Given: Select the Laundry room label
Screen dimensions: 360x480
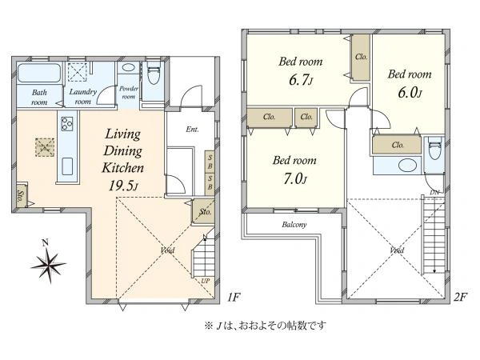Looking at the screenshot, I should (x=83, y=97).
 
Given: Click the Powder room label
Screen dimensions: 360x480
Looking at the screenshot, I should (x=128, y=92).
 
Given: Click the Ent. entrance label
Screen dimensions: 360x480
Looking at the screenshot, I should (x=193, y=129).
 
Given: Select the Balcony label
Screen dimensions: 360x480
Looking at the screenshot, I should (x=294, y=225).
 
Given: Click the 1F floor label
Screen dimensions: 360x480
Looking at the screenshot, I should (x=232, y=298).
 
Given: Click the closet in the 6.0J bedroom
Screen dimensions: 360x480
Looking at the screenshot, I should (x=397, y=145).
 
